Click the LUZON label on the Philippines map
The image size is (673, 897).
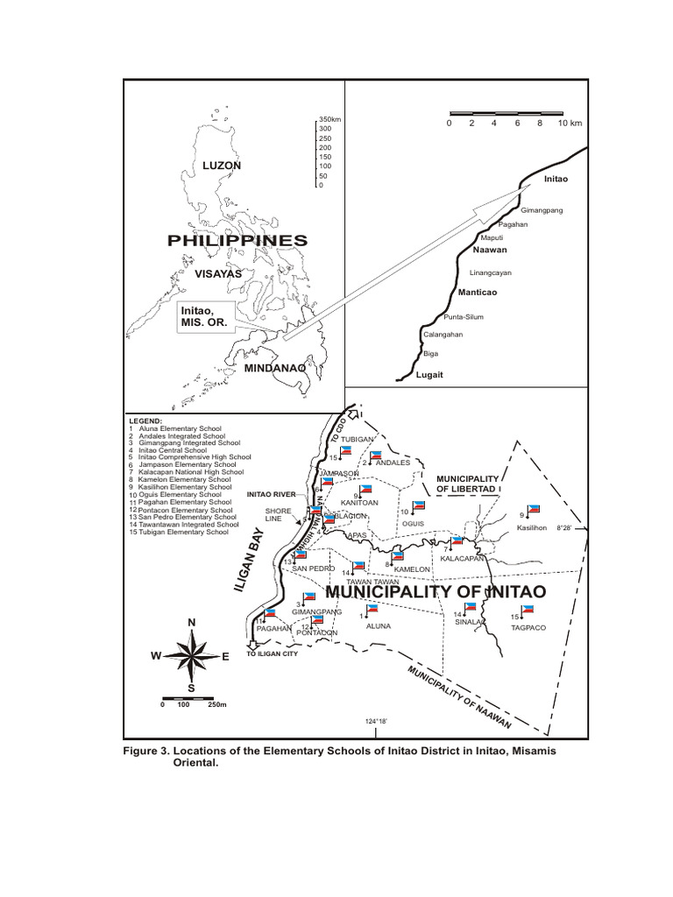(x=221, y=165)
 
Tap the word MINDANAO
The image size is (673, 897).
(x=274, y=368)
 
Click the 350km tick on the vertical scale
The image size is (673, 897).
(x=328, y=119)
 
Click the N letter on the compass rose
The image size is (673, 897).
(x=190, y=622)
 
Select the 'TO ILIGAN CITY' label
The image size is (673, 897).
(x=273, y=654)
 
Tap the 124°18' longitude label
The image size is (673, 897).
(x=375, y=721)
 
